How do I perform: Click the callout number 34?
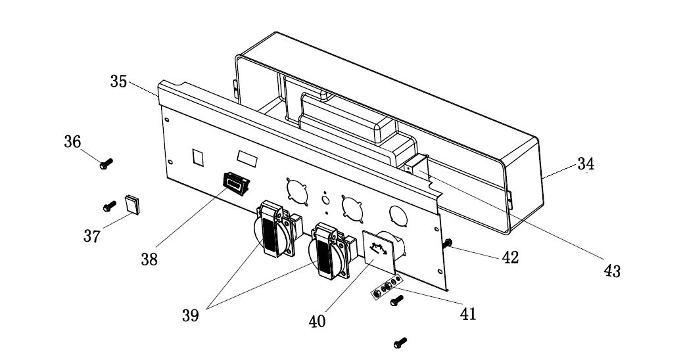586,164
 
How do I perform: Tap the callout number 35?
118,81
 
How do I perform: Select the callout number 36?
72,141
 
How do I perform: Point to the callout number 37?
92,236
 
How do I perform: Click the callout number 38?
149,259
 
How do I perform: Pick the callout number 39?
191,315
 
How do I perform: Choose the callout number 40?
317,322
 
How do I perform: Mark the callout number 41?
468,314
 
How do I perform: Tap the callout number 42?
510,258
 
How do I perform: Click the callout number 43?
612,271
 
